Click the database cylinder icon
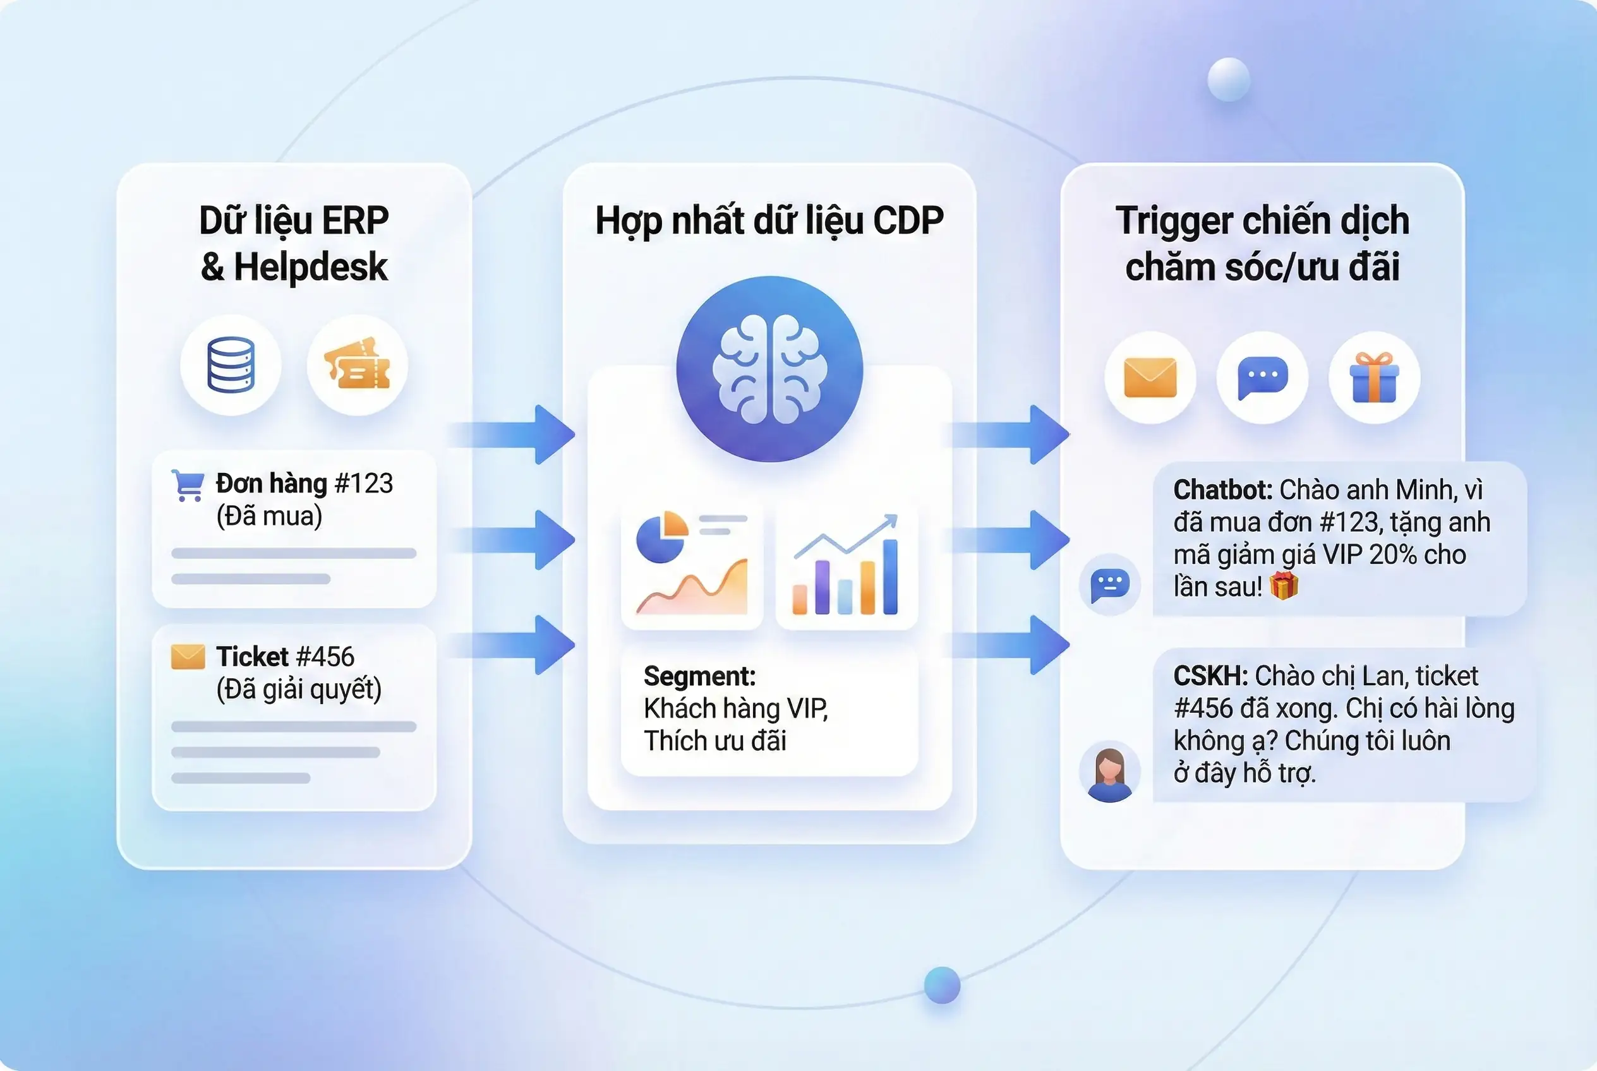(x=231, y=366)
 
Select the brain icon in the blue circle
(x=769, y=369)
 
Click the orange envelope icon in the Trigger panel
(x=1150, y=377)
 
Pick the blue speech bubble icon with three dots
(x=1262, y=377)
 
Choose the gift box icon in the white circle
(x=1373, y=377)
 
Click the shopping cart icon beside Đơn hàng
(x=187, y=485)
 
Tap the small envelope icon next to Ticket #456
(x=188, y=656)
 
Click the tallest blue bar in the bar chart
(x=889, y=577)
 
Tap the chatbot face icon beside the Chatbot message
(x=1110, y=585)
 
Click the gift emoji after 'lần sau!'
(x=1283, y=586)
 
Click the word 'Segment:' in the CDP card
(x=699, y=676)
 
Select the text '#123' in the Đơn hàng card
(x=363, y=484)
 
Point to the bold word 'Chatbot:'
(x=1222, y=490)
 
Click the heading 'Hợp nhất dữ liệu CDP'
(x=769, y=220)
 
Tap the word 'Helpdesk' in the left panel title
(x=310, y=267)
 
